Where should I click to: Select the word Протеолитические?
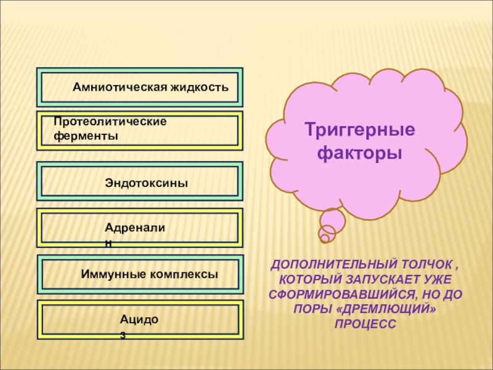click(x=110, y=121)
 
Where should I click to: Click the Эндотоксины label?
click(x=146, y=183)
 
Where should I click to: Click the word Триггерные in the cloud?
click(x=360, y=131)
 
